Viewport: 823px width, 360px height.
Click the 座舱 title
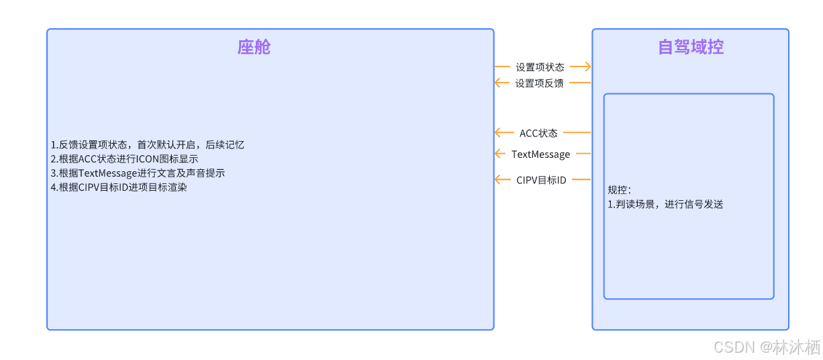click(254, 47)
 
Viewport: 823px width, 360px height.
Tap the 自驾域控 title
click(690, 47)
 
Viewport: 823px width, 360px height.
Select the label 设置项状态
click(540, 67)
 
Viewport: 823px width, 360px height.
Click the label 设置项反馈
click(540, 83)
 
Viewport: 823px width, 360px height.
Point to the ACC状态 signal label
click(538, 133)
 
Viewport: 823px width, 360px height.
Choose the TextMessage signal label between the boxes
click(540, 154)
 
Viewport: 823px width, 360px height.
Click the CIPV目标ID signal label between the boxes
click(541, 180)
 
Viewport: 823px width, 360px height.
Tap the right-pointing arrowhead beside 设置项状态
click(587, 66)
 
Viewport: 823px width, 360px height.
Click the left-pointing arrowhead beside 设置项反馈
click(499, 83)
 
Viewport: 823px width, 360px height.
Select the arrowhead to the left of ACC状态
click(499, 132)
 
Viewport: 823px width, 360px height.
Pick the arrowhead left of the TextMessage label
click(499, 154)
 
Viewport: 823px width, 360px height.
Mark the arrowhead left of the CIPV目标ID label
click(499, 179)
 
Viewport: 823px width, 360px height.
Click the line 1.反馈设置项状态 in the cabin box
click(147, 145)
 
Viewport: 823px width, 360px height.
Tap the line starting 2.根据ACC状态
click(124, 159)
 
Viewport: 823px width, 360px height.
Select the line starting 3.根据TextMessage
click(138, 173)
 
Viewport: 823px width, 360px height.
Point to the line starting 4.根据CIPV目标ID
click(119, 187)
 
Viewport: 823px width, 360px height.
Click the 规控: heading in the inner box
click(619, 190)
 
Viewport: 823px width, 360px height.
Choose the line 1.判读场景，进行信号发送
click(665, 204)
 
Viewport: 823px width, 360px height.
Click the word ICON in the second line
click(148, 159)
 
